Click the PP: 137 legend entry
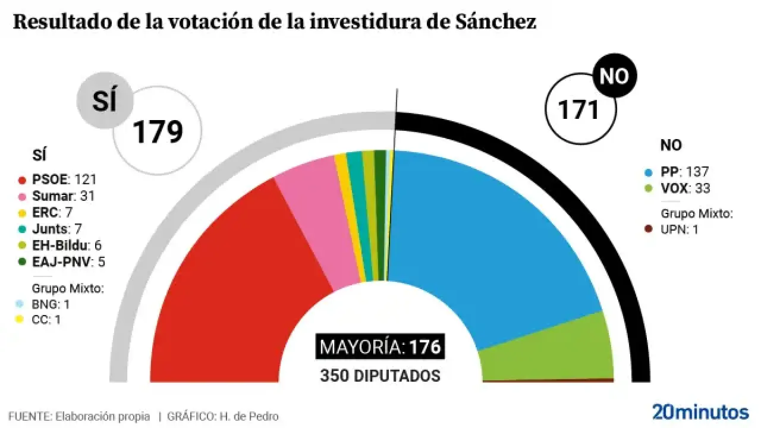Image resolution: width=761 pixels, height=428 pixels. click(684, 172)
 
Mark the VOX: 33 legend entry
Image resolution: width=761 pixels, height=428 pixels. click(685, 188)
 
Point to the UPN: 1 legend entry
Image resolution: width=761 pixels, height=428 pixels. click(678, 229)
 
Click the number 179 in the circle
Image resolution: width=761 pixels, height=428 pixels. click(157, 132)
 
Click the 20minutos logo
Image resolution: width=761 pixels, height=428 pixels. click(700, 411)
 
